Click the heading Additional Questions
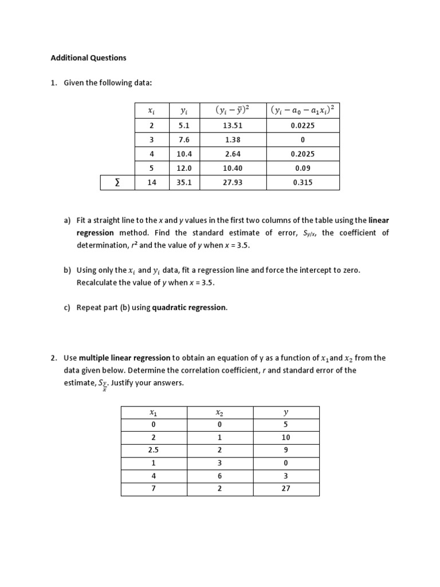pos(88,58)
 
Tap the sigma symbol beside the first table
pos(117,183)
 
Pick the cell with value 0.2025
pos(302,154)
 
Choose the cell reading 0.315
pos(302,183)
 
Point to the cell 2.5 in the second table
pos(153,450)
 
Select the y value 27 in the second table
pos(286,489)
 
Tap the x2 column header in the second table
pos(219,412)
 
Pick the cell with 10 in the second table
pos(286,437)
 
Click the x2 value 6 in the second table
pos(219,476)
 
